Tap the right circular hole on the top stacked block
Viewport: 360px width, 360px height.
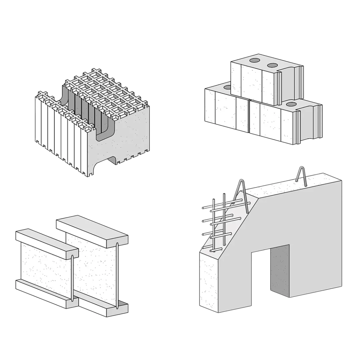click(272, 65)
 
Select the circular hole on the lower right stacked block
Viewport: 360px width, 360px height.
click(291, 104)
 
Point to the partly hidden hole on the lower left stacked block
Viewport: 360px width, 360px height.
click(228, 87)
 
